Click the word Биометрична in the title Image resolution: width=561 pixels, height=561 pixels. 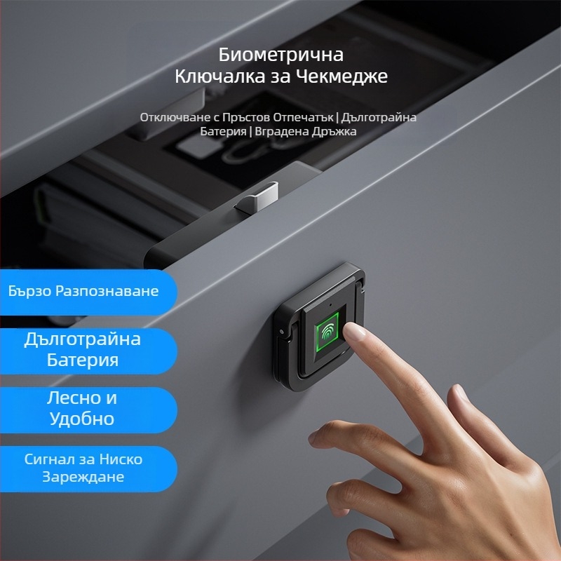tap(280, 55)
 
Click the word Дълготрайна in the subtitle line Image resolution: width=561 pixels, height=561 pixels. tap(379, 117)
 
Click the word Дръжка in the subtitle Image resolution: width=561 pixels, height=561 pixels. tap(332, 131)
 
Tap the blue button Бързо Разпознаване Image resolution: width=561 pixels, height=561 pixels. tap(84, 290)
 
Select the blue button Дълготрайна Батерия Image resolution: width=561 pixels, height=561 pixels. tap(83, 349)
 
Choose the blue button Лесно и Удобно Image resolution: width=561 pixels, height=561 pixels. tap(81, 408)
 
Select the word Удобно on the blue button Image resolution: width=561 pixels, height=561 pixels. tap(81, 419)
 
